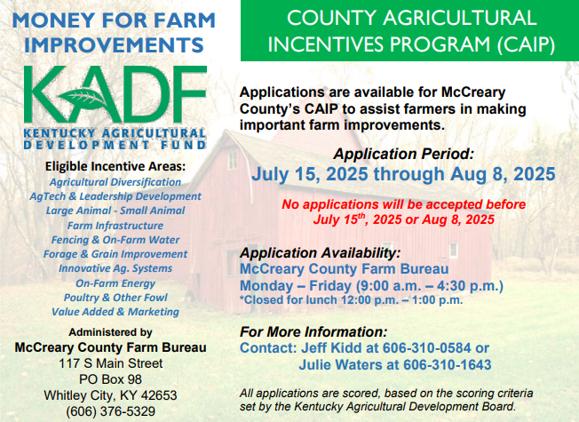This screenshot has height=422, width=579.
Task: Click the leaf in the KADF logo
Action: point(84,98)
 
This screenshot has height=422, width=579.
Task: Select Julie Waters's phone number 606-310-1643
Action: point(448,365)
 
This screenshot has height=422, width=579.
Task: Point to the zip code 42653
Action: point(159,395)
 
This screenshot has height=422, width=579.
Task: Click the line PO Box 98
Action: point(110,379)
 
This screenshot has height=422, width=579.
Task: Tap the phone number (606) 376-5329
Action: point(110,411)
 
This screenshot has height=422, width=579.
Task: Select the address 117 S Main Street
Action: point(111,363)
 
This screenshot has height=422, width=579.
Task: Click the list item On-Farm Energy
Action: point(115,283)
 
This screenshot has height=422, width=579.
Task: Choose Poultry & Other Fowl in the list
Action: point(115,298)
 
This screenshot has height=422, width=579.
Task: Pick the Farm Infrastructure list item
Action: point(115,226)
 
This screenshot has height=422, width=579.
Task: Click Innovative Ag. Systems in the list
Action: point(115,268)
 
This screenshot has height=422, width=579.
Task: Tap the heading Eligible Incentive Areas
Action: point(115,167)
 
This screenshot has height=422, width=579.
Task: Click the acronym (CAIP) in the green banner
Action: point(526,44)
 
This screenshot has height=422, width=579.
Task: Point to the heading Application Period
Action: point(403,154)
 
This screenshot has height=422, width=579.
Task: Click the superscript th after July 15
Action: point(361,216)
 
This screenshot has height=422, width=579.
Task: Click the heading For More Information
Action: point(313,332)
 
